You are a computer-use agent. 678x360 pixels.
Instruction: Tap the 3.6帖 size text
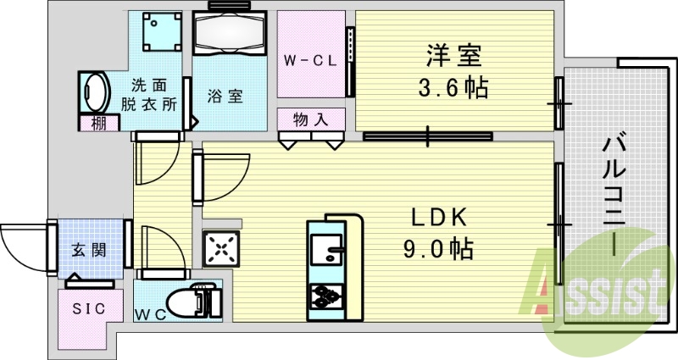(453, 87)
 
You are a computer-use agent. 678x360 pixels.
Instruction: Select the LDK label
(439, 219)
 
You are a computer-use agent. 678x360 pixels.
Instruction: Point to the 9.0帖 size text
(439, 249)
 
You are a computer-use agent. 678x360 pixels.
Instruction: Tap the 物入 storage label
(310, 119)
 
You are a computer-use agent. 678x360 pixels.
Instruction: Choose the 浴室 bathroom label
(226, 96)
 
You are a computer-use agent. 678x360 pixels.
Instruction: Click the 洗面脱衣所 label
(153, 95)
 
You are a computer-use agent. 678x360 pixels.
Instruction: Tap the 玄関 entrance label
(88, 250)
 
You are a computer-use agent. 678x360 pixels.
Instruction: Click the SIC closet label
(88, 308)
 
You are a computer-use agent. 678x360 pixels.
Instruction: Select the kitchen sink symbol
(325, 251)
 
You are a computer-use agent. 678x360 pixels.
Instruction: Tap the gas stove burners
(327, 296)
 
